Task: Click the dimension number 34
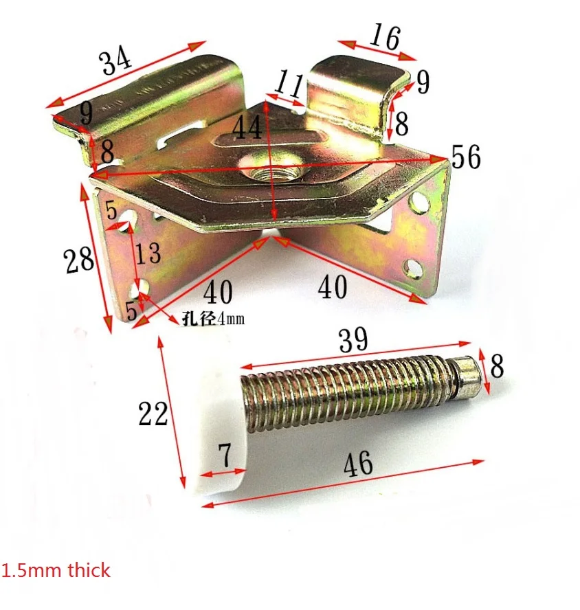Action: point(115,60)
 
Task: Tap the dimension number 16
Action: point(385,37)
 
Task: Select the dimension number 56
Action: point(466,157)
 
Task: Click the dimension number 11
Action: point(289,84)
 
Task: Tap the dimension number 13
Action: point(148,253)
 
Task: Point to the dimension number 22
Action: point(153,414)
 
